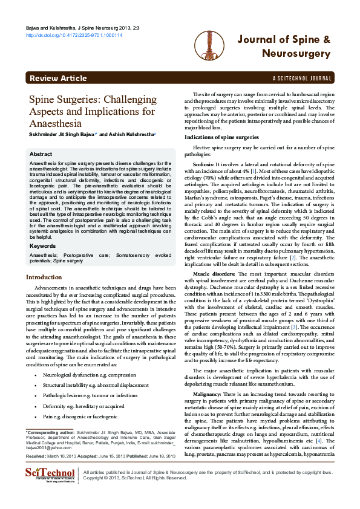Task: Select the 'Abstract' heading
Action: [41, 155]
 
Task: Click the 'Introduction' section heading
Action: [48, 277]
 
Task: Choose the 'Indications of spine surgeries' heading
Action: [221, 137]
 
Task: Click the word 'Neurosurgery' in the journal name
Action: [296, 54]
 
